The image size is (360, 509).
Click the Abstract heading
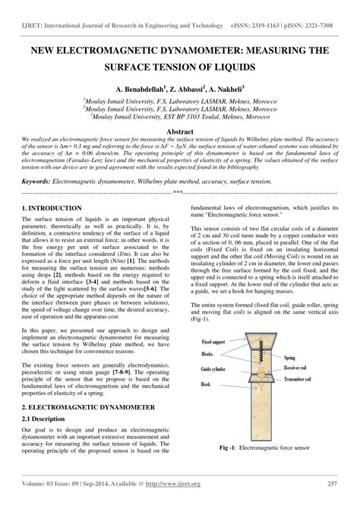click(x=180, y=131)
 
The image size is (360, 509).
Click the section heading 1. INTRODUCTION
click(x=52, y=207)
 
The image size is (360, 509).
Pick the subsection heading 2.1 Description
click(x=45, y=419)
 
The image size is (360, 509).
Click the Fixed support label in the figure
click(x=215, y=320)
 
